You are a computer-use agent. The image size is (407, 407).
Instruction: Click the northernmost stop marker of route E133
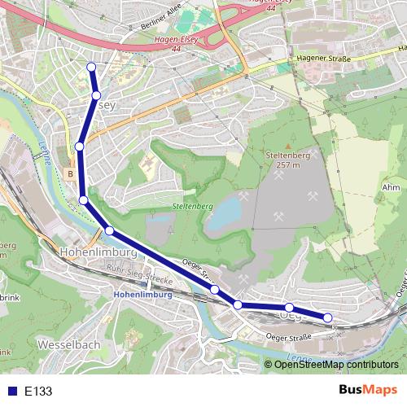tap(91, 67)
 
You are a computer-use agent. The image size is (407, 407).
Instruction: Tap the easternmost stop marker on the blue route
tap(328, 317)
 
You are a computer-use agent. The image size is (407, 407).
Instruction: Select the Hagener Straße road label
tap(323, 59)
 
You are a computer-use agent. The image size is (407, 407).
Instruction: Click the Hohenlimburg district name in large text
tap(96, 252)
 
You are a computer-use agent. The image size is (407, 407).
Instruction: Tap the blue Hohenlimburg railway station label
tap(143, 295)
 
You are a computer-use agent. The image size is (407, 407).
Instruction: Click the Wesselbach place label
tap(68, 345)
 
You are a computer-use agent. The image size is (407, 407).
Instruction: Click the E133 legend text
tap(38, 392)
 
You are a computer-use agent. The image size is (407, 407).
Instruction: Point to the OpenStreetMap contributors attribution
tap(336, 365)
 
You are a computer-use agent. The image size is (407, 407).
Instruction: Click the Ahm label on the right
tap(390, 187)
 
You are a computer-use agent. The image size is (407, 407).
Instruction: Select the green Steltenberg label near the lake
tap(192, 207)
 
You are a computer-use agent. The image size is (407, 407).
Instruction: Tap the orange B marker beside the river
tap(71, 173)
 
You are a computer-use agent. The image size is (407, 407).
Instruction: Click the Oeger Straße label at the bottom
tap(290, 336)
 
